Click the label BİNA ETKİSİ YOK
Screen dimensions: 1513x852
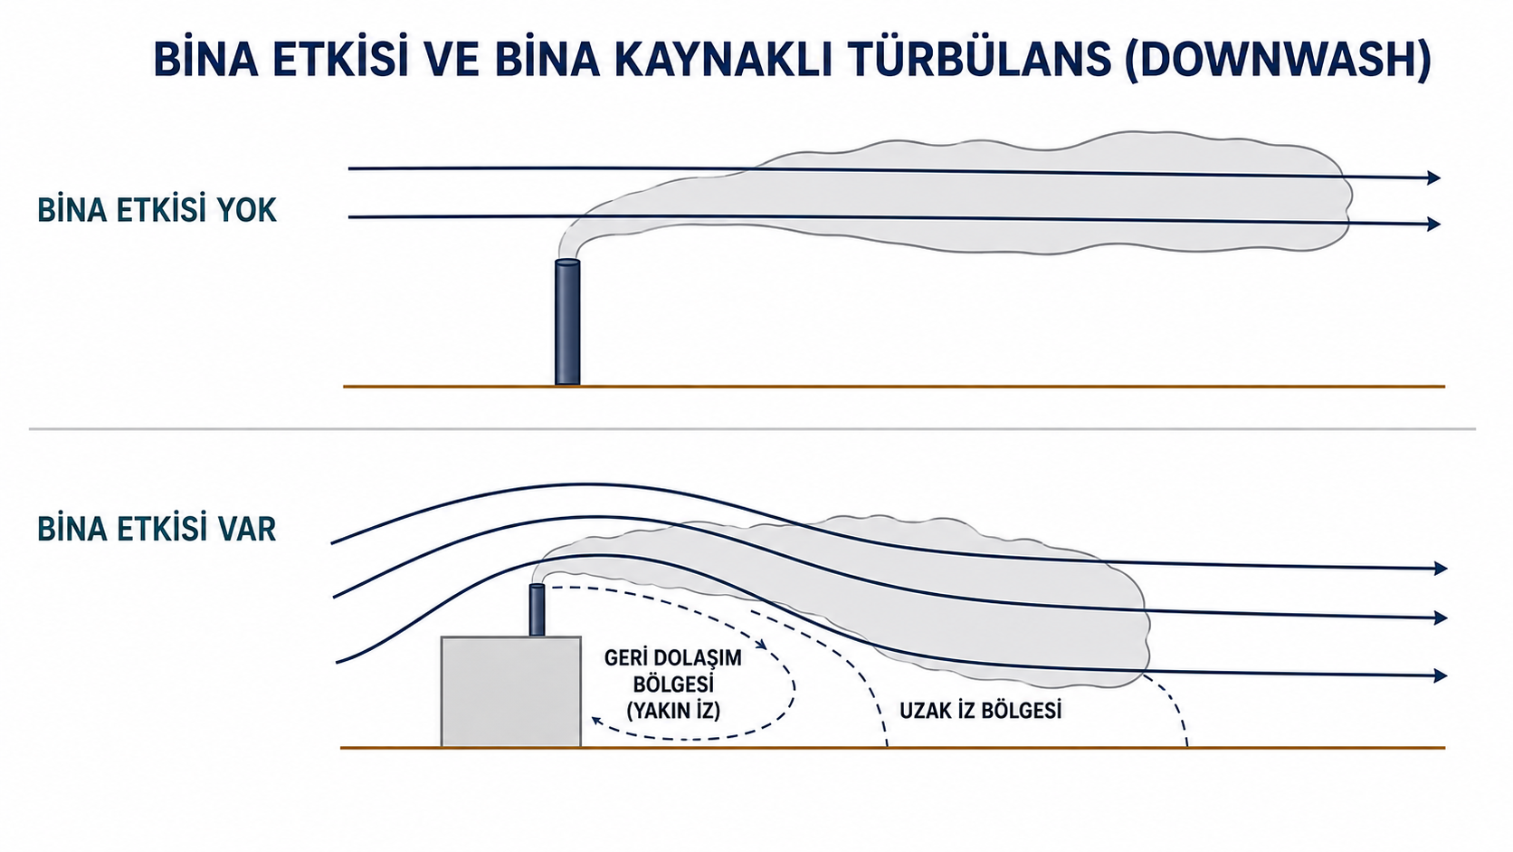[157, 210]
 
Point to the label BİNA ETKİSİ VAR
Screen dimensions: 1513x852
[157, 529]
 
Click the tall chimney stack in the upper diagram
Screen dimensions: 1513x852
[567, 322]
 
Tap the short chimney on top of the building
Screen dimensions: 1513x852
[537, 610]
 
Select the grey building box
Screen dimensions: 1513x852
[510, 691]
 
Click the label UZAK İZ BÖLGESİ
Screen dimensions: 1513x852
[981, 711]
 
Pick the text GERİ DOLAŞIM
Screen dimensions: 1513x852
[672, 658]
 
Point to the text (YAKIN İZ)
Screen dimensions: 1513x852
[673, 711]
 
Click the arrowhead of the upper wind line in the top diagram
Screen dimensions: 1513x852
[1433, 177]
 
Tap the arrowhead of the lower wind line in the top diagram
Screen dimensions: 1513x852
[1433, 224]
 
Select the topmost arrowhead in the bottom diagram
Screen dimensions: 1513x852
[1440, 569]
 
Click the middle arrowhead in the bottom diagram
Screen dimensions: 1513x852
[1440, 617]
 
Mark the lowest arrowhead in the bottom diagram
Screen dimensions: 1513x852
[1440, 675]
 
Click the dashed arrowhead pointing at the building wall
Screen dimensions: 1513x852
[597, 721]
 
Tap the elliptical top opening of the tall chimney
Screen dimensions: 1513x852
[567, 263]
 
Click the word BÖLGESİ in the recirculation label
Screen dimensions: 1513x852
[673, 684]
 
